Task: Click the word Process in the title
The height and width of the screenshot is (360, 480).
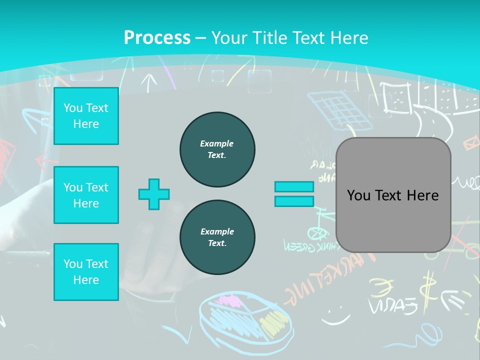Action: pos(157,38)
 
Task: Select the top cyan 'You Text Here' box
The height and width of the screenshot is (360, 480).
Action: pos(86,116)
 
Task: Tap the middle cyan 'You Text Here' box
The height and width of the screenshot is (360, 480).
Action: pos(86,195)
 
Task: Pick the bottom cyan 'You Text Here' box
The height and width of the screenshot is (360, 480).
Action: pos(86,272)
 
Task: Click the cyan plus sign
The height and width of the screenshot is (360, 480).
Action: pos(154,194)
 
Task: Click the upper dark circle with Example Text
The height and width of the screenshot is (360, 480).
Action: pos(217,149)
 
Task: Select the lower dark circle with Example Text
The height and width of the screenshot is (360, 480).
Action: pos(217,237)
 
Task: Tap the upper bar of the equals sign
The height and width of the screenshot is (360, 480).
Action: pos(294,186)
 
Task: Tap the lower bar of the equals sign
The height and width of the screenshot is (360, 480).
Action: pos(294,201)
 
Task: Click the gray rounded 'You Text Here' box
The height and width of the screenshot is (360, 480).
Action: pos(393,195)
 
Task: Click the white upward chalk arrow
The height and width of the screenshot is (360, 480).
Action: pos(148,82)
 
